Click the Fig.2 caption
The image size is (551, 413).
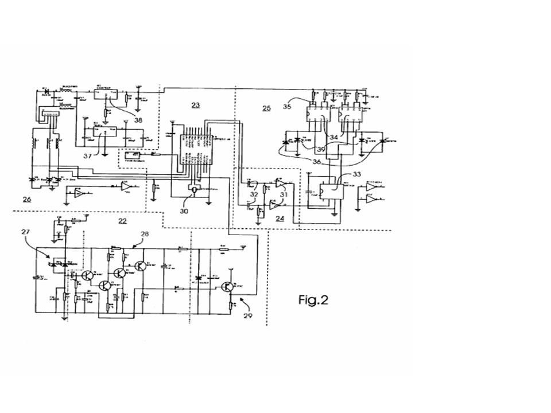click(313, 299)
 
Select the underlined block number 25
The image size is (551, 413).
click(266, 108)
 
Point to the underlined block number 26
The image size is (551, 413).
click(27, 199)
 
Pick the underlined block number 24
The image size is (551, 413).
click(280, 218)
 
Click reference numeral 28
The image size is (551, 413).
click(144, 234)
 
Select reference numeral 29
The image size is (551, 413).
click(248, 315)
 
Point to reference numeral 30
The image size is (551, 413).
click(184, 211)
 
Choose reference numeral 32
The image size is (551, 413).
click(253, 196)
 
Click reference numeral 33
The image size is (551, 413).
click(356, 174)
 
